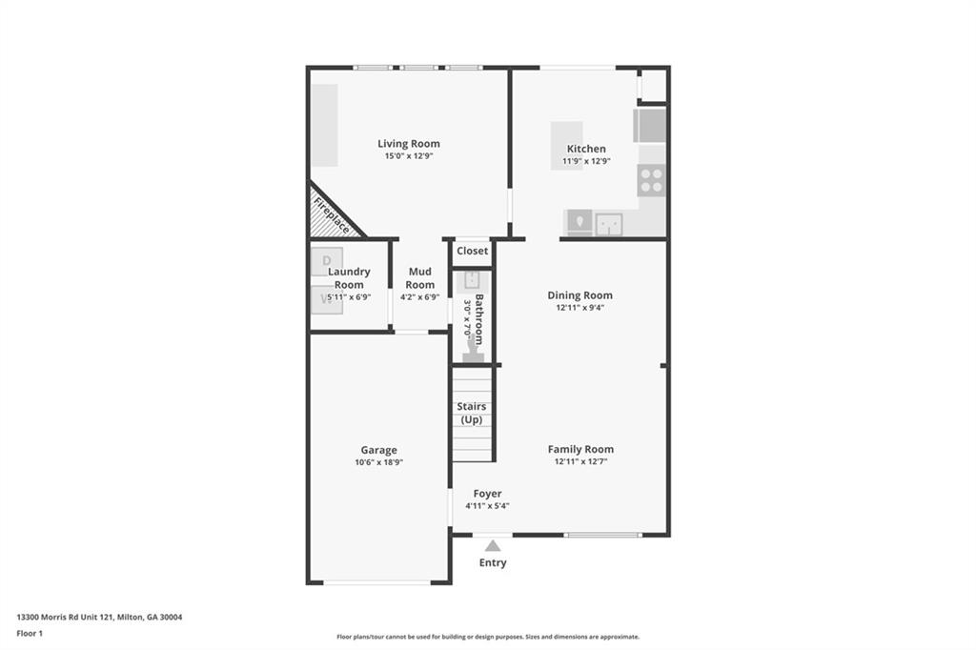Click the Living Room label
point(408,144)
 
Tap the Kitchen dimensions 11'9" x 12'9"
point(586,161)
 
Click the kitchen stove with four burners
point(651,180)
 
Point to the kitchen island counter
point(566,145)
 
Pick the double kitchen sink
point(609,224)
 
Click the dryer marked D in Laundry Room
point(326,260)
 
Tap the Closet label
point(472,252)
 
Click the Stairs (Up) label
point(472,413)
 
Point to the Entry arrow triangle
point(493,546)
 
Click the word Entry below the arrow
point(493,562)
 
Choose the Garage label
point(378,450)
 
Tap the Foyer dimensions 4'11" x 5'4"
point(487,506)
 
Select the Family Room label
point(580,449)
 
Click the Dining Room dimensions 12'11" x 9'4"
point(579,308)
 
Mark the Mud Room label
point(420,278)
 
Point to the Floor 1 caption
point(30,633)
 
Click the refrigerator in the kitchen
point(650,126)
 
